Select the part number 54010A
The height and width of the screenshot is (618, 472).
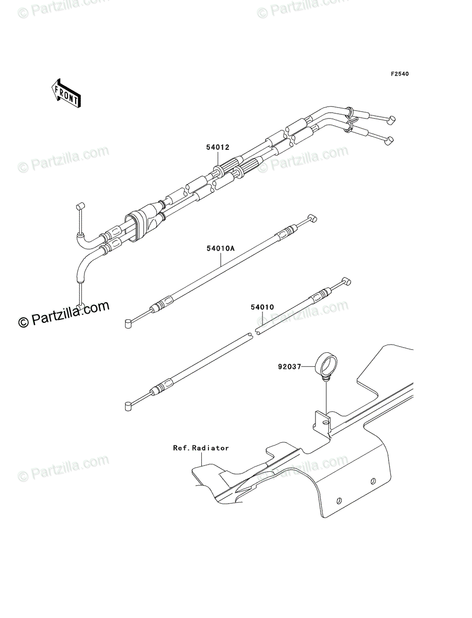click(221, 248)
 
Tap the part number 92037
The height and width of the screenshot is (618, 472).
click(289, 367)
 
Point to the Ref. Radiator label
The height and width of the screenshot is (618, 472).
click(201, 448)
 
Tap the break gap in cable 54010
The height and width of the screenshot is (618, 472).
click(253, 333)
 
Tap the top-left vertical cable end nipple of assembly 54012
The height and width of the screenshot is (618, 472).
click(80, 206)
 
